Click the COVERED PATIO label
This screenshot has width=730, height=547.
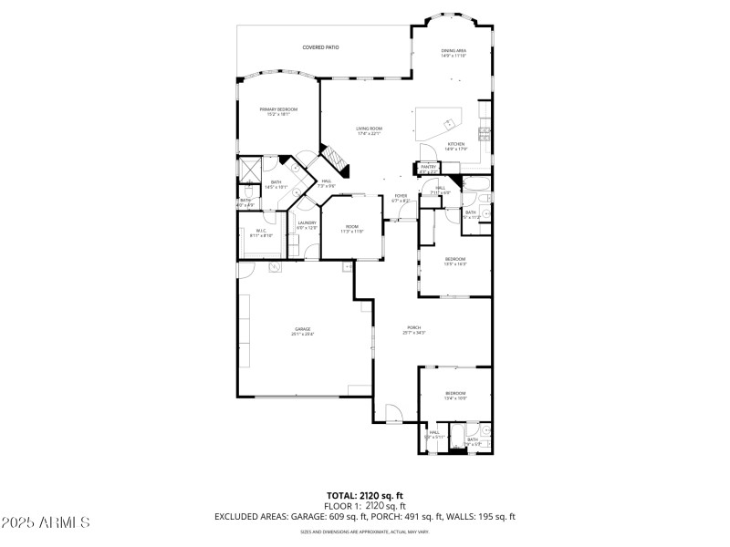pos(321,46)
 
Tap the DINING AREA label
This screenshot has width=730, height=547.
pos(454,53)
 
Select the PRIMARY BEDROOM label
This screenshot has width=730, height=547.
pos(278,110)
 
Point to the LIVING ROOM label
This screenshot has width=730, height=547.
pos(369,130)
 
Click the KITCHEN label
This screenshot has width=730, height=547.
pos(455,146)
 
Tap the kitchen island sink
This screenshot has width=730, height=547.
pos(450,123)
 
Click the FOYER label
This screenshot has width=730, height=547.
pos(400,198)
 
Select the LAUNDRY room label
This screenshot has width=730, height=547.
pos(307,224)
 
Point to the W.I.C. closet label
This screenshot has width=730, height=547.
pos(261,232)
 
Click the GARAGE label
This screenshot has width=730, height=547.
pos(302,331)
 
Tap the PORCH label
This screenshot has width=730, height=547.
pos(413,330)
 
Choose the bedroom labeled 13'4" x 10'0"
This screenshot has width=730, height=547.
pos(455,396)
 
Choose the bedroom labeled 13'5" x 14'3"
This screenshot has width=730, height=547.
pos(455,261)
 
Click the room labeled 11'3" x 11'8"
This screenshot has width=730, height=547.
pos(351,229)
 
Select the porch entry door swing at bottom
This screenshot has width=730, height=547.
pos(391,415)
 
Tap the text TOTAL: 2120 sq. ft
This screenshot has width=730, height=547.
pos(365,495)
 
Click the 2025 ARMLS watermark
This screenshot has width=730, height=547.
pos(46,522)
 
